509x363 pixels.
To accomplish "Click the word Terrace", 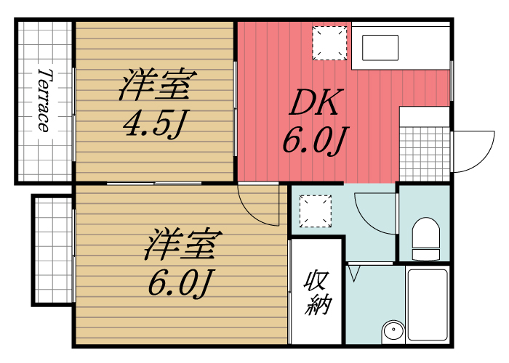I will tap(44, 100).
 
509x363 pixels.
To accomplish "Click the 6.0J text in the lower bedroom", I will tap(180, 282).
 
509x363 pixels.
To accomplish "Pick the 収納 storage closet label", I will tap(316, 292).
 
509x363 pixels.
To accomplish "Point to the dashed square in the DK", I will tap(329, 42).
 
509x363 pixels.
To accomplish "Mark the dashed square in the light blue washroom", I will tap(316, 211).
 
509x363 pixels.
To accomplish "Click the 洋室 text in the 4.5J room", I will tap(155, 86).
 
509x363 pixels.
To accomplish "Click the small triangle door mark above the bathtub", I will tap(354, 272).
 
